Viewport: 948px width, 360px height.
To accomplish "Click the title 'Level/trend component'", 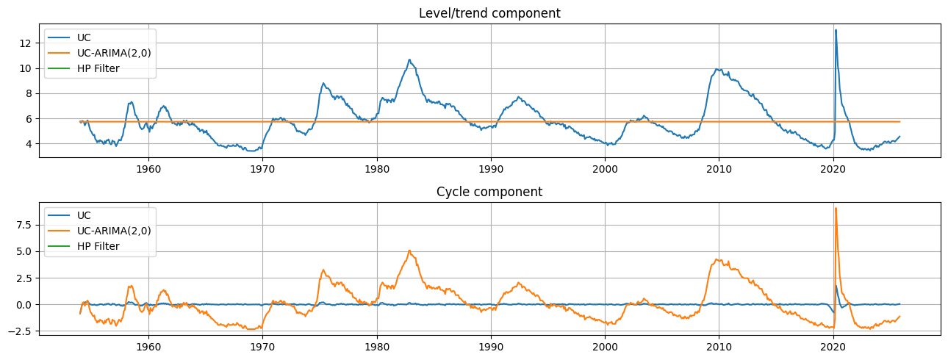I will (489, 13).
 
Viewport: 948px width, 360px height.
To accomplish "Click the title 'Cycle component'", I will (489, 192).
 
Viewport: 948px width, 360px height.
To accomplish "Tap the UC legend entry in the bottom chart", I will (85, 215).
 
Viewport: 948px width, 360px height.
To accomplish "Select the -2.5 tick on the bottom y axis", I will (21, 331).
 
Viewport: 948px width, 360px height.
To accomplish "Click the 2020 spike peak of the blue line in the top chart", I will (836, 30).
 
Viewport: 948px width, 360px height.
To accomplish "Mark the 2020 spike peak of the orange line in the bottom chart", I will (836, 209).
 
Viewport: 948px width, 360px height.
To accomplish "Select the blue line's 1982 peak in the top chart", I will (409, 60).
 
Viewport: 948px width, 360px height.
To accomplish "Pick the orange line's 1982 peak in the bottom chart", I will (409, 251).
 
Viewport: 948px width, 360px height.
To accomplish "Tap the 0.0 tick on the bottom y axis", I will (24, 304).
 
